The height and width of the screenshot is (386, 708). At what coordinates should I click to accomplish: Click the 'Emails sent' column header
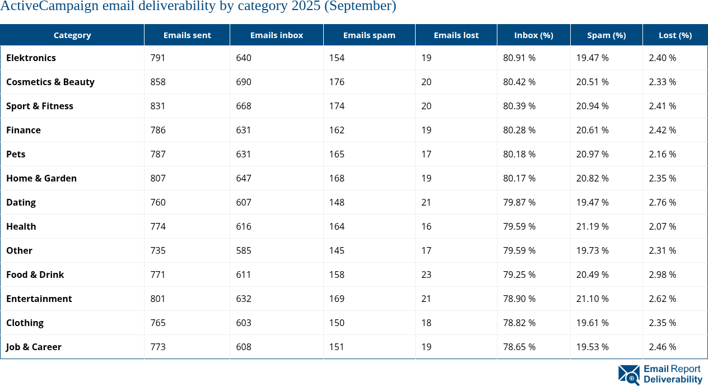pos(187,35)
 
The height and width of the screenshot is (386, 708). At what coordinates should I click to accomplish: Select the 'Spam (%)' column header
pos(606,35)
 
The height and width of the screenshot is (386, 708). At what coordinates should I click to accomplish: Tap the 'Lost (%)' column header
pos(675,35)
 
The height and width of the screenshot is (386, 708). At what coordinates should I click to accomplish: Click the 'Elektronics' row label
pos(31,58)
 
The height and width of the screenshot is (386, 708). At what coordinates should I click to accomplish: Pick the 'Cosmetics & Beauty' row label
pos(50,82)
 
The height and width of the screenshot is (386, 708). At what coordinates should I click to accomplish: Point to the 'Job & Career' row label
pos(34,347)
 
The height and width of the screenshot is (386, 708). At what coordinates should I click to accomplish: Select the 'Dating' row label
pos(21,202)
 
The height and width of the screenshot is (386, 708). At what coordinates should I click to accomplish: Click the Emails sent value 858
pos(158,82)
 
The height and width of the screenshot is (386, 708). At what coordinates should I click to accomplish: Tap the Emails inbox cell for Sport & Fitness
pos(244,106)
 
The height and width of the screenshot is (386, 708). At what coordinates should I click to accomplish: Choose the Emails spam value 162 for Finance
pos(337,130)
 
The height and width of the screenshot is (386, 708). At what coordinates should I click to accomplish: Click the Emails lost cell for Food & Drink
pos(426,275)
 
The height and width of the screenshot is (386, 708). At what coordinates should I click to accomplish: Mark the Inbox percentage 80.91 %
pos(519,58)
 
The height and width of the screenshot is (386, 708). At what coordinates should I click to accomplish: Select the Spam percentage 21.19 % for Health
pos(592,226)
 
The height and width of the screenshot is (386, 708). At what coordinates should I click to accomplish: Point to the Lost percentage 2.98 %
pos(662,275)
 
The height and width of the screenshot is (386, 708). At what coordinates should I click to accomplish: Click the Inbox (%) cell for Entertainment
pos(519,299)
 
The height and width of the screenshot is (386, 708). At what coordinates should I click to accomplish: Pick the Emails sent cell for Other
pos(158,250)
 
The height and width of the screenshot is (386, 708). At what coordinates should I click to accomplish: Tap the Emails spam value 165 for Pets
pos(337,154)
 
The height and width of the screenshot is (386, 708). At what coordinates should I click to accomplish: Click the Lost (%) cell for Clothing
pos(662,323)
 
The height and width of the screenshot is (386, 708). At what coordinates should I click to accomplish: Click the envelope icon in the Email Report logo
pos(629,374)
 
